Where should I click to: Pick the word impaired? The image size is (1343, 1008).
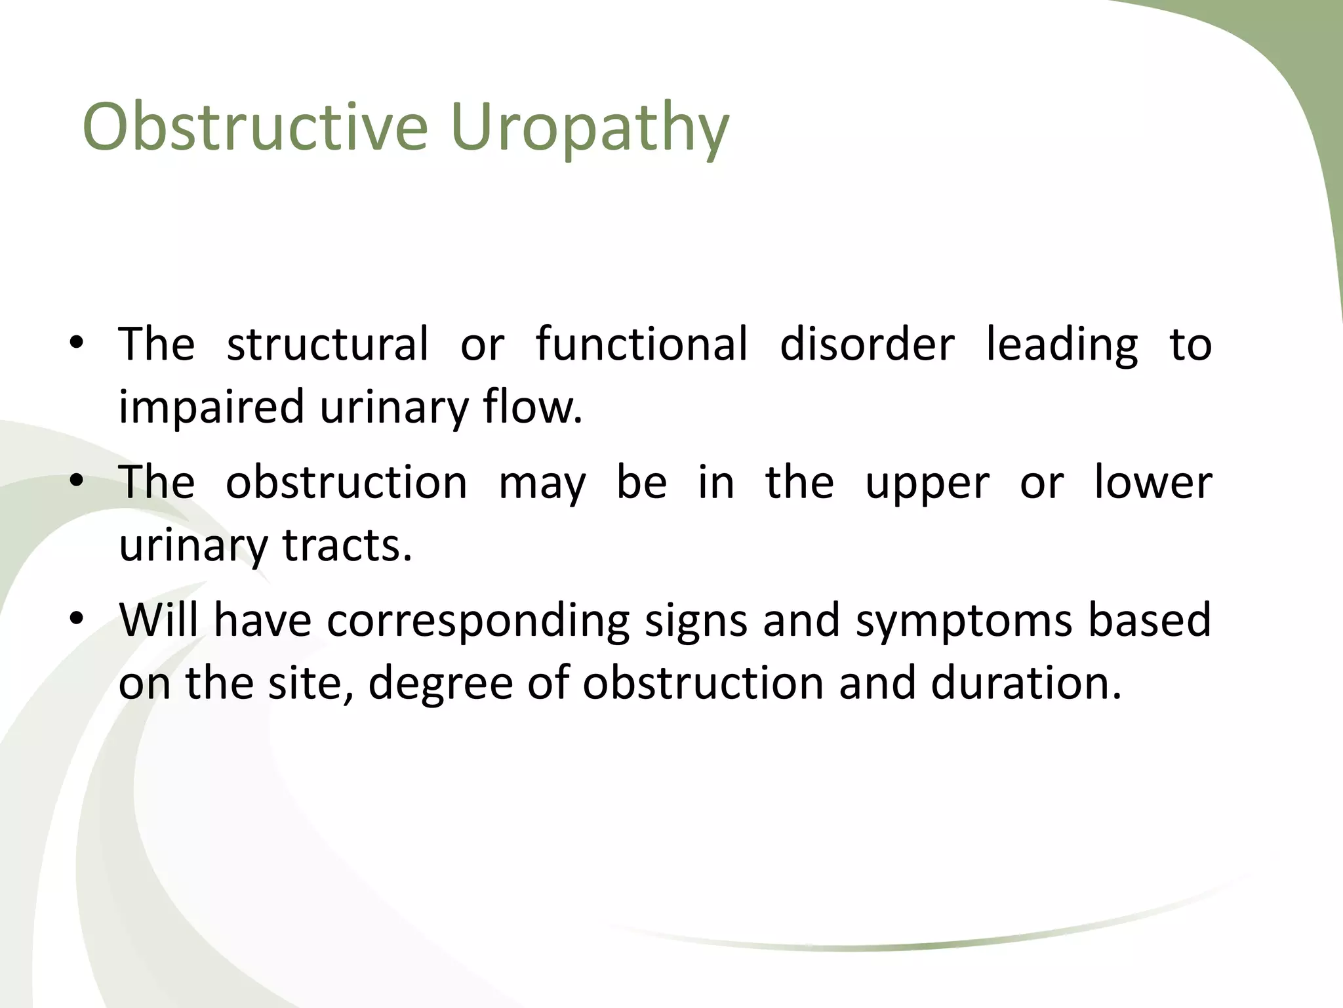211,407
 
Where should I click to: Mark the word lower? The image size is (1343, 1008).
1152,482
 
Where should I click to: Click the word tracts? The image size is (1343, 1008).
347,545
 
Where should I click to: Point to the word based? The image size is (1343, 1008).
1149,619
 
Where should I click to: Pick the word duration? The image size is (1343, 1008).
1026,682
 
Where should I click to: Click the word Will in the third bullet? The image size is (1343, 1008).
159,619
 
